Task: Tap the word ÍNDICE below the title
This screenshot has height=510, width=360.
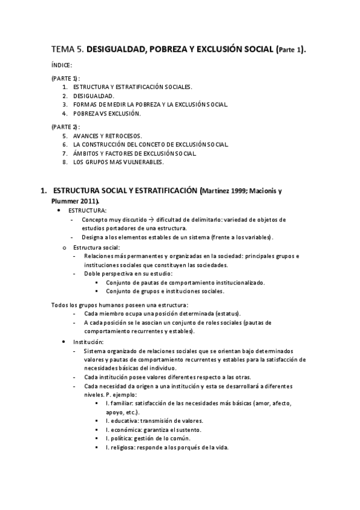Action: click(x=62, y=65)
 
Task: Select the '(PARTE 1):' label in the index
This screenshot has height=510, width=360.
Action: click(x=66, y=79)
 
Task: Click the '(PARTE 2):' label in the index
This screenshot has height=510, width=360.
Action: click(x=66, y=127)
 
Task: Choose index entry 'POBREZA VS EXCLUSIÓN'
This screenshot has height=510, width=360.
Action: click(x=107, y=113)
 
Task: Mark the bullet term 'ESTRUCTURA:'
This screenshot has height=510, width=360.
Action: click(x=88, y=210)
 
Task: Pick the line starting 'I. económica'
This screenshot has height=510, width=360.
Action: click(x=153, y=429)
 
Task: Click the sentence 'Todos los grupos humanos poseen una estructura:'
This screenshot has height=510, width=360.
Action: click(x=120, y=304)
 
